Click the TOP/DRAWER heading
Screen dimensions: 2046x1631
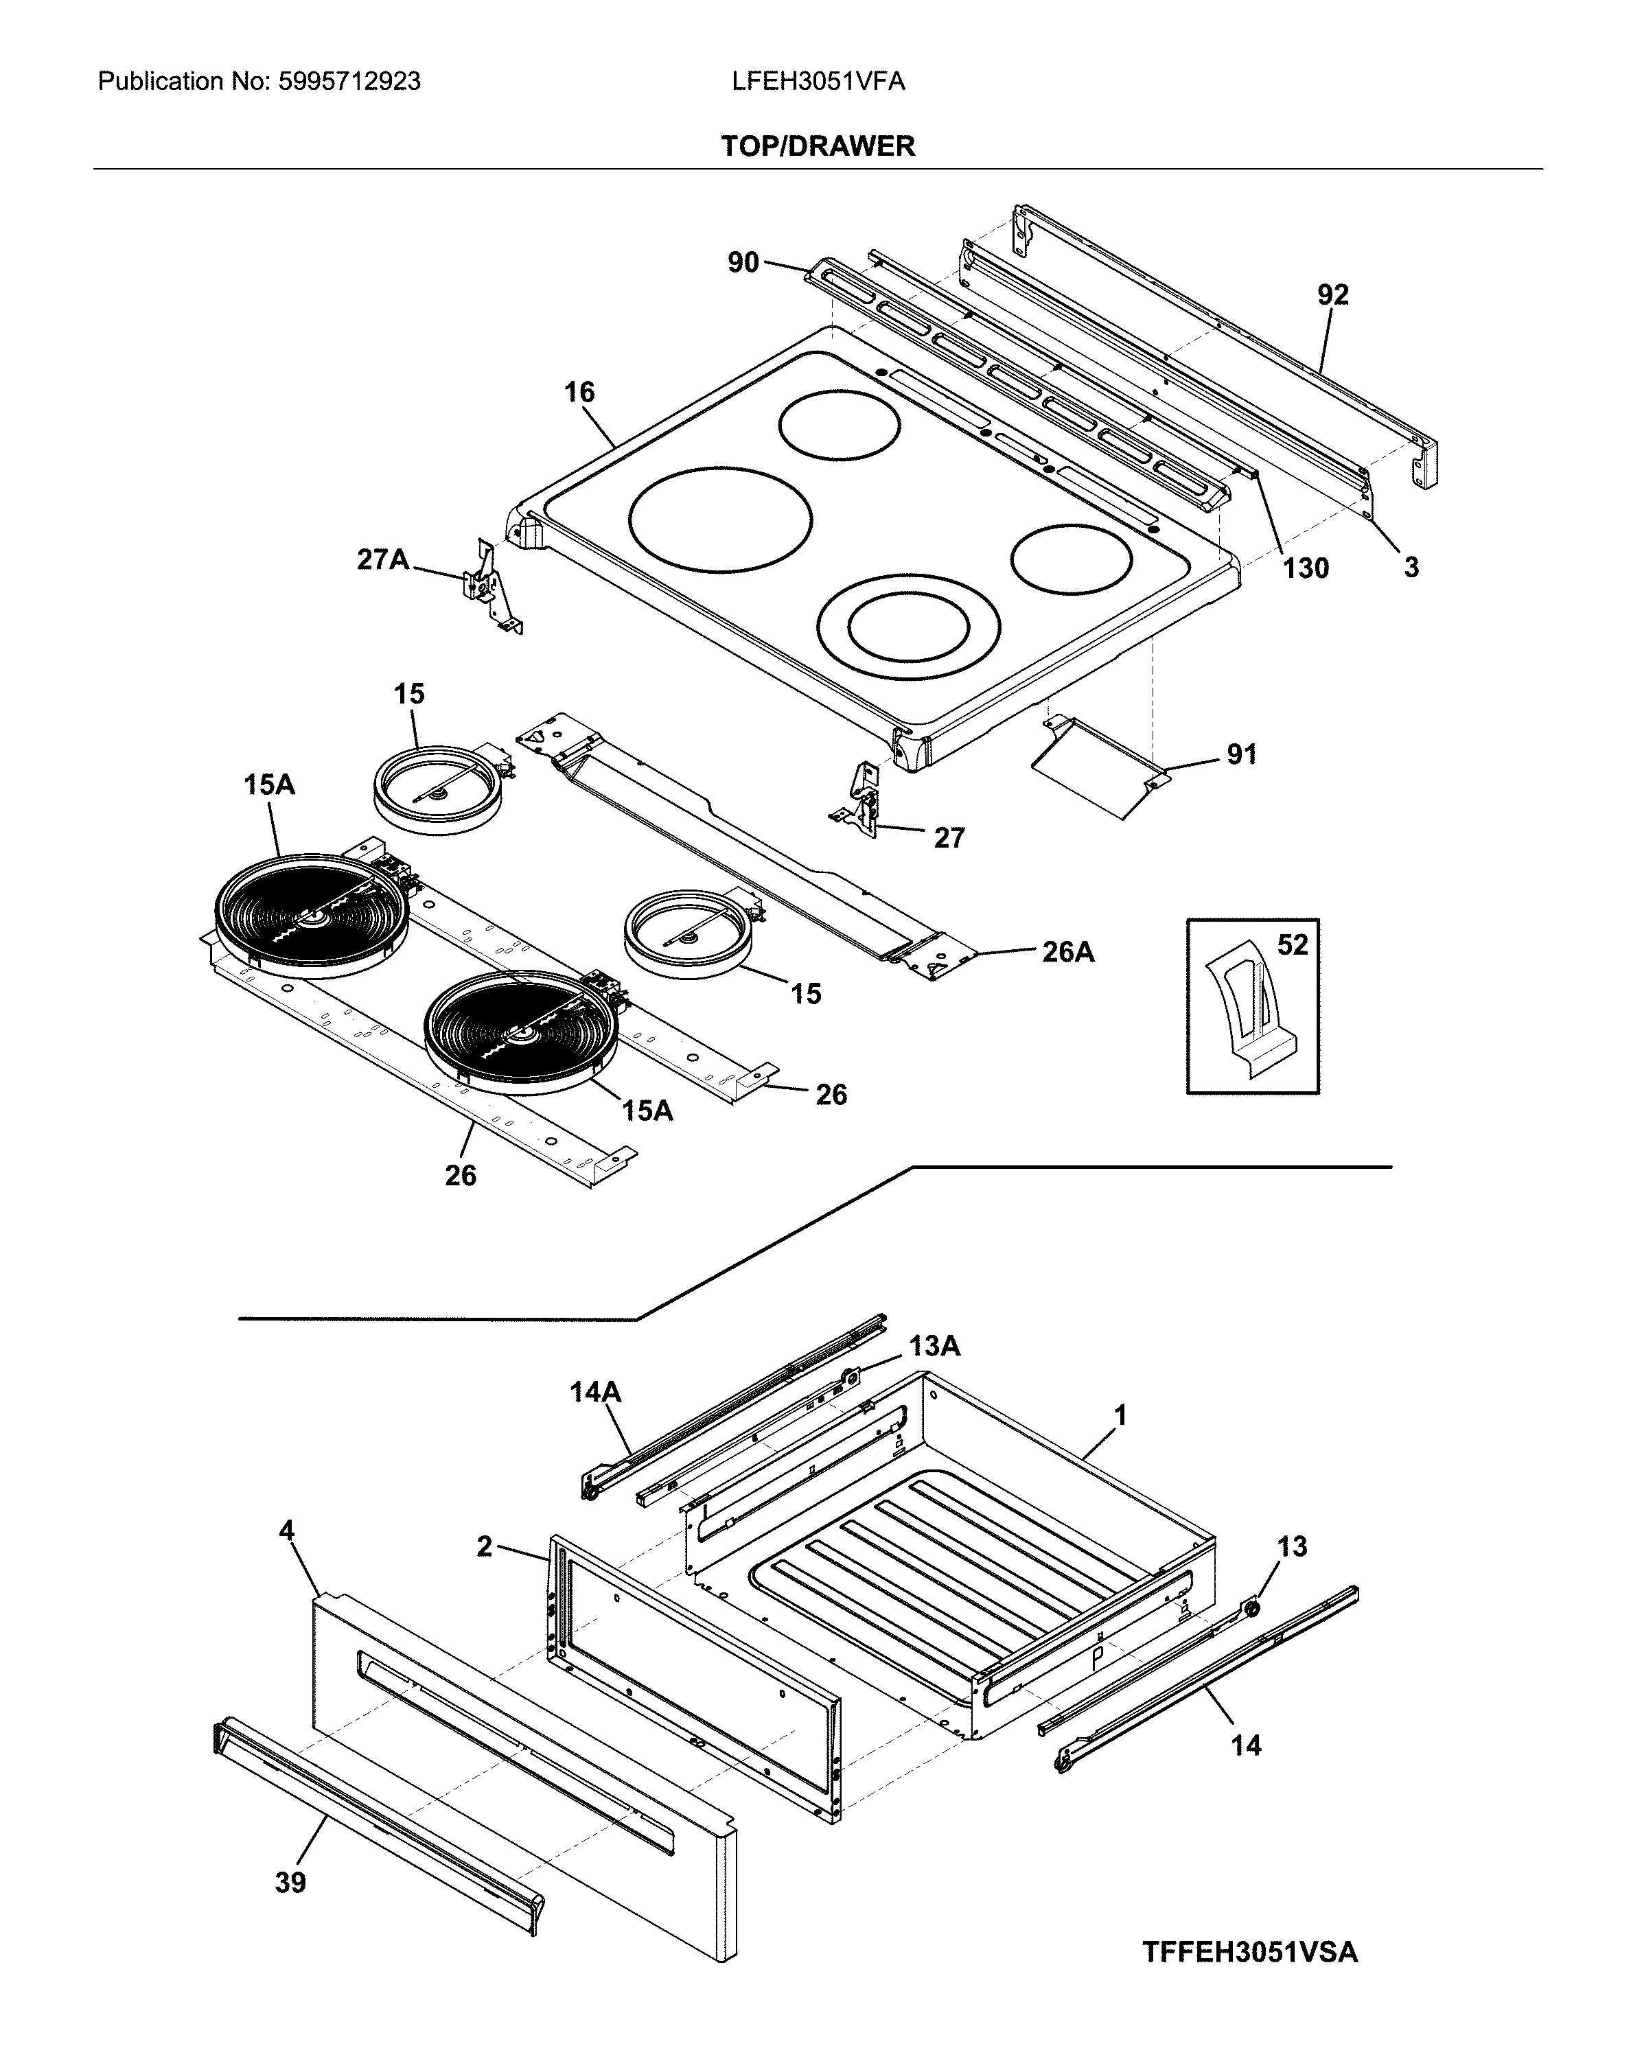[x=818, y=146]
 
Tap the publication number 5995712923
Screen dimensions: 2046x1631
[x=349, y=82]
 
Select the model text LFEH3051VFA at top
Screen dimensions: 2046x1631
[x=818, y=82]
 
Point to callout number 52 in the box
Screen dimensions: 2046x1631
[x=1292, y=944]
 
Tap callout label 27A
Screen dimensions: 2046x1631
[x=382, y=560]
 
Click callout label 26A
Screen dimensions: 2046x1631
[x=1068, y=952]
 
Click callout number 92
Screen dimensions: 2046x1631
[x=1332, y=294]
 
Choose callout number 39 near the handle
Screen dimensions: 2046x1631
[x=290, y=1883]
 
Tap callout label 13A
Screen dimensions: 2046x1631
[x=934, y=1346]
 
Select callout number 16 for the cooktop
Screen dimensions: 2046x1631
[x=579, y=392]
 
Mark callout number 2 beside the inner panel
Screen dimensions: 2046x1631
[x=484, y=1547]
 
